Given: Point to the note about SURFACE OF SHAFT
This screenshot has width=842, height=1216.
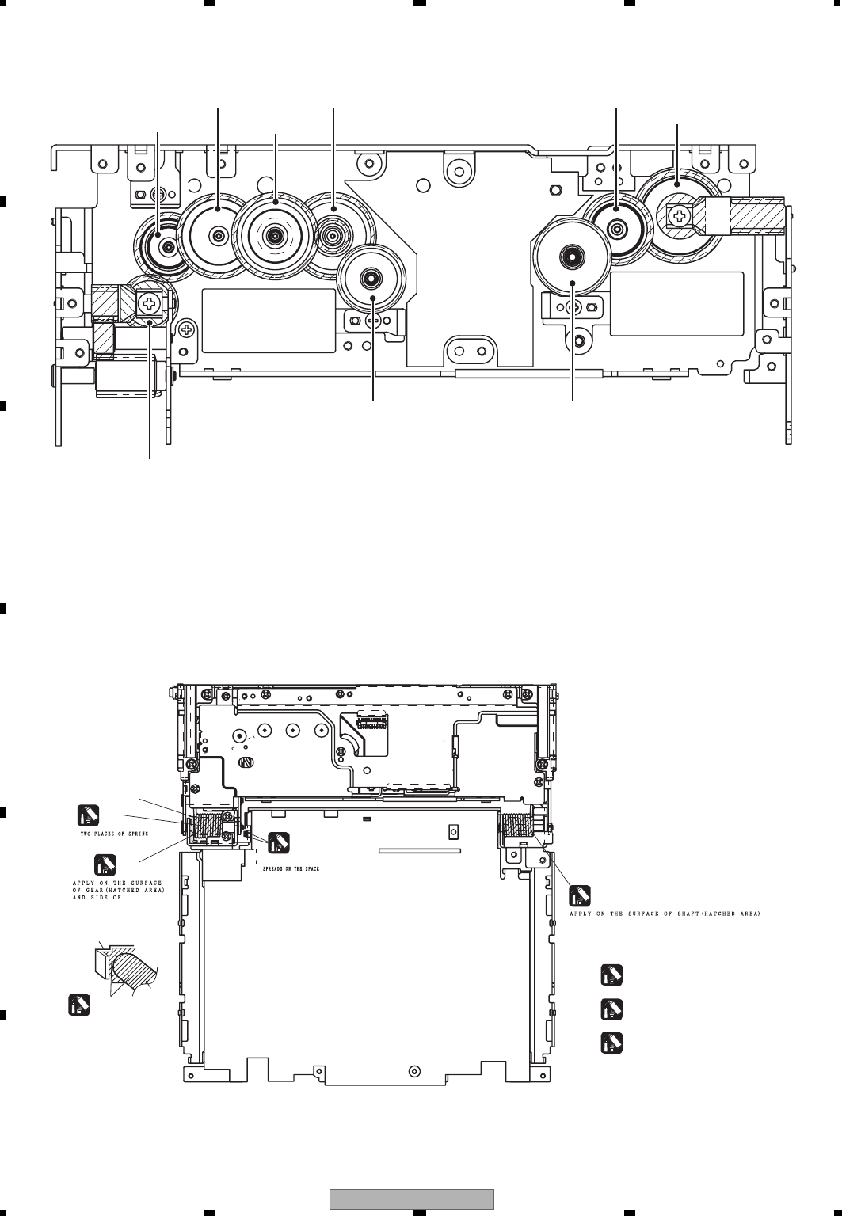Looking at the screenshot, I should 665,913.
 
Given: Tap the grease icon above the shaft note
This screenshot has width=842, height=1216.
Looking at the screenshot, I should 580,895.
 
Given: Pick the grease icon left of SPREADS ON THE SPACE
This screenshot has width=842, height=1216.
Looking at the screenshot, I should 278,843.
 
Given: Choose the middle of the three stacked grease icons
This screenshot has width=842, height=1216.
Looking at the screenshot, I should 611,1009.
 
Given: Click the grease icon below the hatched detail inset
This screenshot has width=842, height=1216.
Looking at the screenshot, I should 78,1005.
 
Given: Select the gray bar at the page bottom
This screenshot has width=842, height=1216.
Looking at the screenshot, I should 411,1199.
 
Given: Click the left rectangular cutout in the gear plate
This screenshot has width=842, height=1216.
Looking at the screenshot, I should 269,320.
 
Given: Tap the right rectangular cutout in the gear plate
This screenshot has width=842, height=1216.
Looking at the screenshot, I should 676,303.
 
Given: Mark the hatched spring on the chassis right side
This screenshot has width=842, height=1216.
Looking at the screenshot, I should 516,827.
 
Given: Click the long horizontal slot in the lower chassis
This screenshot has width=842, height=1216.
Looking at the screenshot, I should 420,852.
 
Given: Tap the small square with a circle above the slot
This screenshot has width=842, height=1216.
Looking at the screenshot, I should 453,831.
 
